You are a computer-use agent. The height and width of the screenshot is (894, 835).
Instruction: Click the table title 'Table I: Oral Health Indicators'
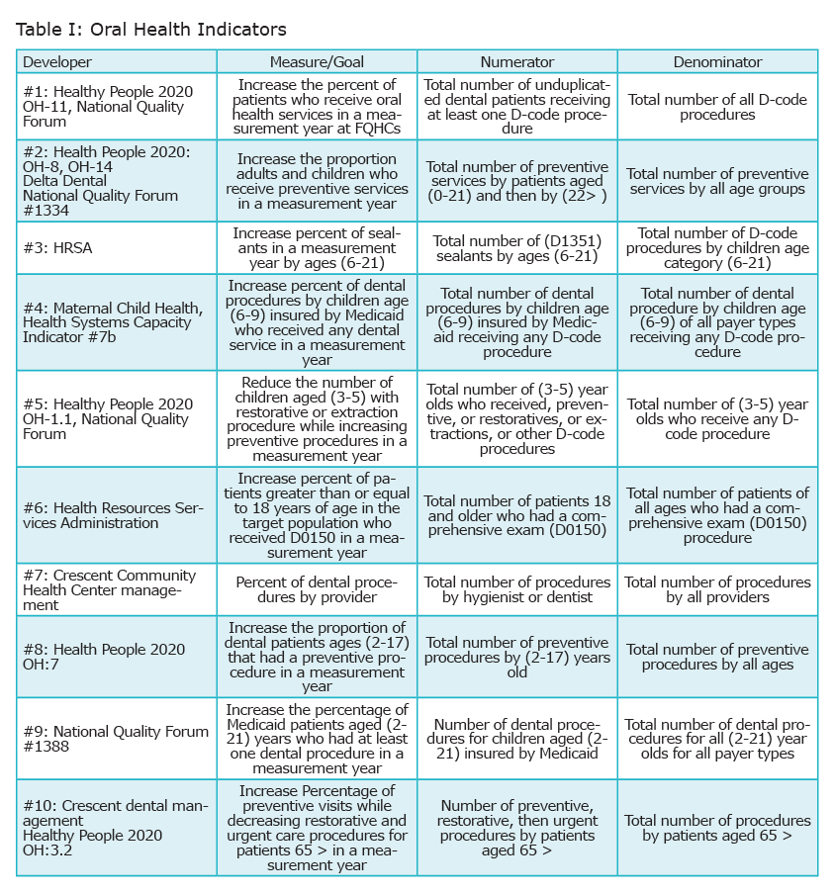[151, 28]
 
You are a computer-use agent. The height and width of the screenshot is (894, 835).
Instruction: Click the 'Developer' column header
[57, 62]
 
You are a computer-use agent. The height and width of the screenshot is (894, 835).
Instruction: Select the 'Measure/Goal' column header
[317, 62]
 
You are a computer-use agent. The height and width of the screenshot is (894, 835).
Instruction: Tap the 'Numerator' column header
[516, 62]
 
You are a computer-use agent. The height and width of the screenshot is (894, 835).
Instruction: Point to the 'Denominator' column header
[717, 62]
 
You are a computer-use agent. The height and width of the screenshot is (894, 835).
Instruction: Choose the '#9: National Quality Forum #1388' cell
[116, 739]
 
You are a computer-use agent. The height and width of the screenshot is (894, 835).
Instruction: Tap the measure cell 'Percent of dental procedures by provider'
[317, 589]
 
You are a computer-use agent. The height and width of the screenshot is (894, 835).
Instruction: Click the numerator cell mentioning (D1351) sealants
[516, 248]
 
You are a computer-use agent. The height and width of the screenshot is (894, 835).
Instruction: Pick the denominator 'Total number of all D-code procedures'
[717, 107]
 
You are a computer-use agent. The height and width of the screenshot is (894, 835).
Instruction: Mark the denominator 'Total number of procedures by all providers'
[717, 589]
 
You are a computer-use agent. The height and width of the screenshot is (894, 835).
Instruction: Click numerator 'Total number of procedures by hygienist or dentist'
[516, 589]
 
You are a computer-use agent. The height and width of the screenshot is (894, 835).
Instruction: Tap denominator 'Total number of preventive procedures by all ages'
[717, 657]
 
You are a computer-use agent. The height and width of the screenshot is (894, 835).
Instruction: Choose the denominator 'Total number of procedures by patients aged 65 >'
[717, 829]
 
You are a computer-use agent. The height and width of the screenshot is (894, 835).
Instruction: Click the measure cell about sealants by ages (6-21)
[317, 248]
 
